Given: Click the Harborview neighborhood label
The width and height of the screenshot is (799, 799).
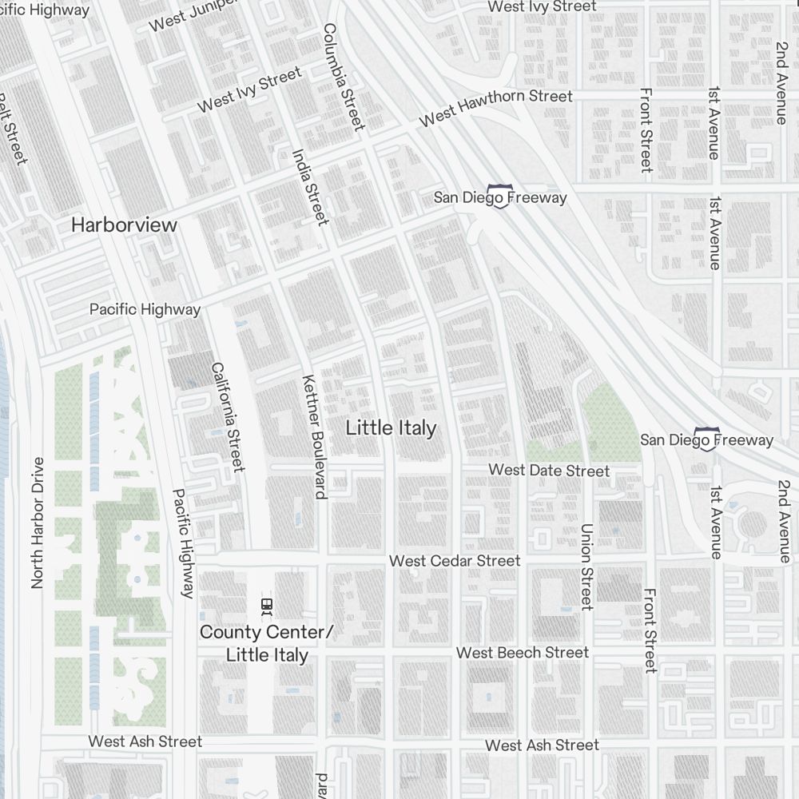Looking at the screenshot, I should [x=124, y=225].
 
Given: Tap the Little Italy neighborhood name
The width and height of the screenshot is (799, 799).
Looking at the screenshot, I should [x=392, y=428].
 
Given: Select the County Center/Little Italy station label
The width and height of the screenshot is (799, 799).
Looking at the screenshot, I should [x=266, y=644].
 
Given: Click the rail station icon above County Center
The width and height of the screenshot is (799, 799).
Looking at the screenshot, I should [x=267, y=606].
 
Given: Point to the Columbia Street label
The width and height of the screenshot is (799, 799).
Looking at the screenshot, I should [x=344, y=76].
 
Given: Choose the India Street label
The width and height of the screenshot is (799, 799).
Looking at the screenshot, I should [x=310, y=187].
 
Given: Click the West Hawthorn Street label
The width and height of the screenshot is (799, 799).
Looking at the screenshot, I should [x=496, y=107].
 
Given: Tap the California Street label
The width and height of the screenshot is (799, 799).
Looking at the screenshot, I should [x=227, y=416].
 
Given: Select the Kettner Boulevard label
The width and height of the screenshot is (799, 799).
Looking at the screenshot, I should [x=312, y=436].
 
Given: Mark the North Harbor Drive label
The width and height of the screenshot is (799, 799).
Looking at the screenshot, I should [x=37, y=523].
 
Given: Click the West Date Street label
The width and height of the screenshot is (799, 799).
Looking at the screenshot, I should [x=549, y=471].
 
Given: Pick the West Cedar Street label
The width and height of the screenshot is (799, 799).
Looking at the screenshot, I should [x=455, y=561].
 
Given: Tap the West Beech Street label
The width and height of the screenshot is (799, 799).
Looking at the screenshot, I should [x=523, y=653].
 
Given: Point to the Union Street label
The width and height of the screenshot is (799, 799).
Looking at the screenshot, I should [x=587, y=566].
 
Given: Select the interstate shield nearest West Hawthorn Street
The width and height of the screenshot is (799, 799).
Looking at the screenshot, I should [x=500, y=196].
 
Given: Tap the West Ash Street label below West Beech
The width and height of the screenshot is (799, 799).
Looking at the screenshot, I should [x=542, y=745].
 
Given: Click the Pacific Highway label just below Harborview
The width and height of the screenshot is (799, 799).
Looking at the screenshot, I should [x=145, y=309].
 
